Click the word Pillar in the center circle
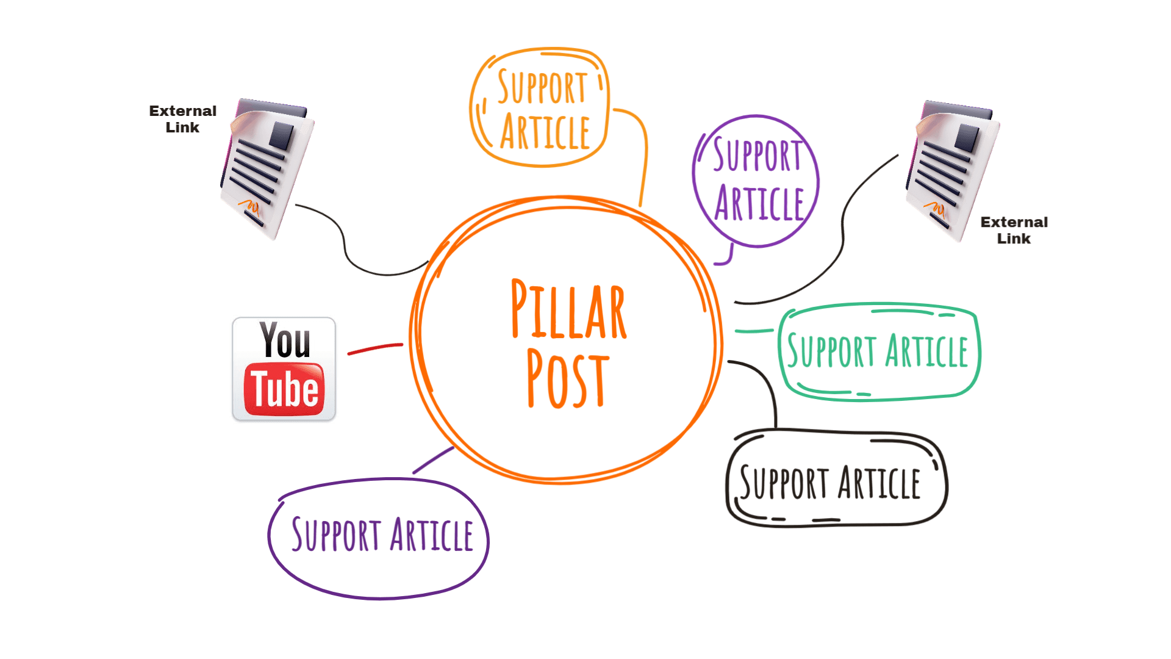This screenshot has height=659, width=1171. (x=568, y=310)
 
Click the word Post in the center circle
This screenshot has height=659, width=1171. (x=567, y=380)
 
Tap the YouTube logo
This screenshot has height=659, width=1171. (x=284, y=370)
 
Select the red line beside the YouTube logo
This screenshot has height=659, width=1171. (x=374, y=348)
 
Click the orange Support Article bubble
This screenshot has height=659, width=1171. (x=540, y=107)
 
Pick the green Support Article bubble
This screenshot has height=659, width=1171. (x=878, y=351)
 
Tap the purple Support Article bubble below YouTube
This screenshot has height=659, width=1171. (x=381, y=536)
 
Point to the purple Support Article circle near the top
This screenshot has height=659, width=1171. (x=756, y=181)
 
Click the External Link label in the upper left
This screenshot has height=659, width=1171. (x=182, y=119)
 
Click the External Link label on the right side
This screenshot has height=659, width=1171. (x=1014, y=230)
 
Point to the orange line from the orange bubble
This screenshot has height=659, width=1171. (x=644, y=153)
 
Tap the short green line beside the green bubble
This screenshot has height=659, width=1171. (x=754, y=331)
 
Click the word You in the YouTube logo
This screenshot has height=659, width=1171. (x=285, y=340)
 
